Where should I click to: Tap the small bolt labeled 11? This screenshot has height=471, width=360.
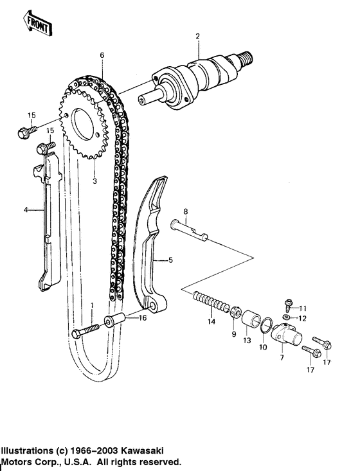click(x=288, y=303)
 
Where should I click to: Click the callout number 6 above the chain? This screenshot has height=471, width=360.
click(x=101, y=55)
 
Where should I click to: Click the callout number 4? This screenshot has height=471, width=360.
click(x=26, y=209)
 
